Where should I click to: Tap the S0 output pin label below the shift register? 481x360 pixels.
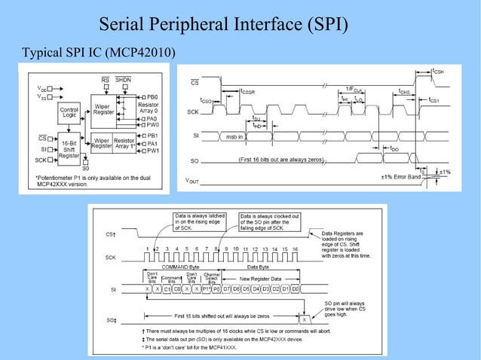[85, 167]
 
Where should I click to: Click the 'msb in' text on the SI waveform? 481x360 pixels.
[234, 137]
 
